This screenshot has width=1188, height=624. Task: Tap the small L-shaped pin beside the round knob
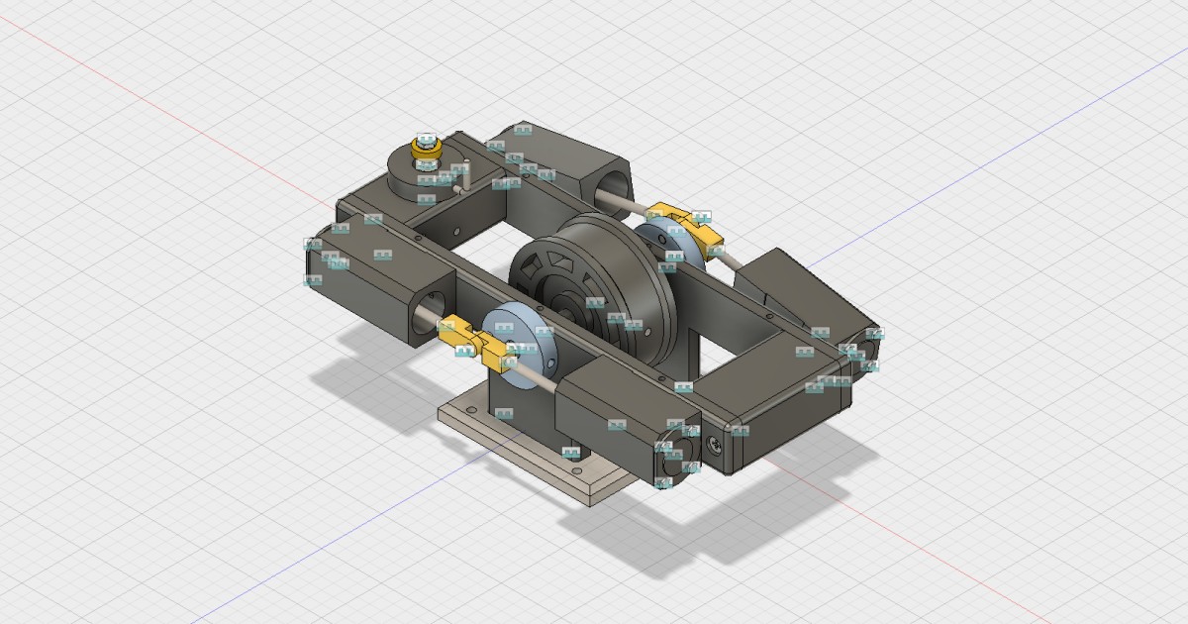coord(459,176)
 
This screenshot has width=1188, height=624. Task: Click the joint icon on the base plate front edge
coord(571,454)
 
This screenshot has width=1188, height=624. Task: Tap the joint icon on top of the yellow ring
coord(427,140)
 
